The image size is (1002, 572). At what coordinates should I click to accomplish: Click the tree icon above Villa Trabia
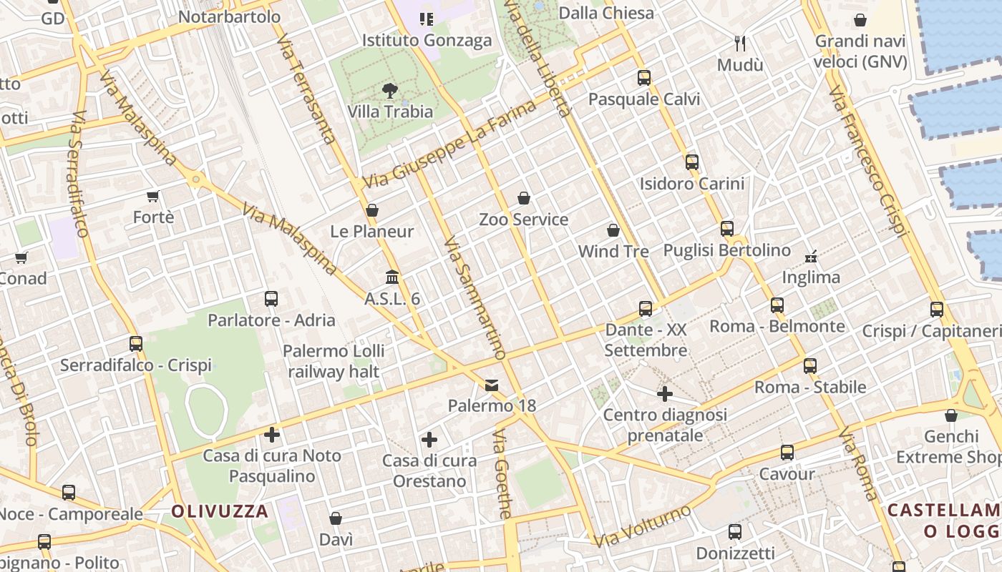pyautogui.click(x=390, y=91)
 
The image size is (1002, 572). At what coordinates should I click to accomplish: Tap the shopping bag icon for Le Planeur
pyautogui.click(x=371, y=210)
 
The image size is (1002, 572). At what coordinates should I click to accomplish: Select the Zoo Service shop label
pyautogui.click(x=523, y=220)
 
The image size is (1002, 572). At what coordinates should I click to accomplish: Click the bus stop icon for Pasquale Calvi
pyautogui.click(x=643, y=78)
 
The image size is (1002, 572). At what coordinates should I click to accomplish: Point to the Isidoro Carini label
pyautogui.click(x=691, y=184)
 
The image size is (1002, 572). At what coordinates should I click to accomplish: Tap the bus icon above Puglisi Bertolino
pyautogui.click(x=726, y=229)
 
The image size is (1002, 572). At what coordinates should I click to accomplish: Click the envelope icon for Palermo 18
pyautogui.click(x=492, y=385)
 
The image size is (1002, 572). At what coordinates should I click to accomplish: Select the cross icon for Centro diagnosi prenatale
pyautogui.click(x=664, y=393)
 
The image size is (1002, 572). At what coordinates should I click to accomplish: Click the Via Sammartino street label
pyautogui.click(x=474, y=298)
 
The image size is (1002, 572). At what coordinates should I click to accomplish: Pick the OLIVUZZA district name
pyautogui.click(x=220, y=511)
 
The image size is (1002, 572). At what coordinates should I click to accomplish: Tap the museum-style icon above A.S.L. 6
pyautogui.click(x=392, y=277)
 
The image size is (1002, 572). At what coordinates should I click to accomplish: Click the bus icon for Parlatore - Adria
pyautogui.click(x=271, y=299)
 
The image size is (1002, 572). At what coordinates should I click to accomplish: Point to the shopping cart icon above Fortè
pyautogui.click(x=152, y=196)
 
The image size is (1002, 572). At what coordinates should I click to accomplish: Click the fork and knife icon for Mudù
pyautogui.click(x=740, y=44)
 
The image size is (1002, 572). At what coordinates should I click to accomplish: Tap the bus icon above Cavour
pyautogui.click(x=787, y=453)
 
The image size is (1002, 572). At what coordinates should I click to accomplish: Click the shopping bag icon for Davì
pyautogui.click(x=336, y=518)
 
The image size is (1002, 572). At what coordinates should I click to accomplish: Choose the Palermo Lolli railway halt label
pyautogui.click(x=334, y=361)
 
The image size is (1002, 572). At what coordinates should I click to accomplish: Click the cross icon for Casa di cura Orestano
pyautogui.click(x=429, y=439)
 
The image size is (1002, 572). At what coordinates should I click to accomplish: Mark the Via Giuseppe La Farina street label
pyautogui.click(x=449, y=145)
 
